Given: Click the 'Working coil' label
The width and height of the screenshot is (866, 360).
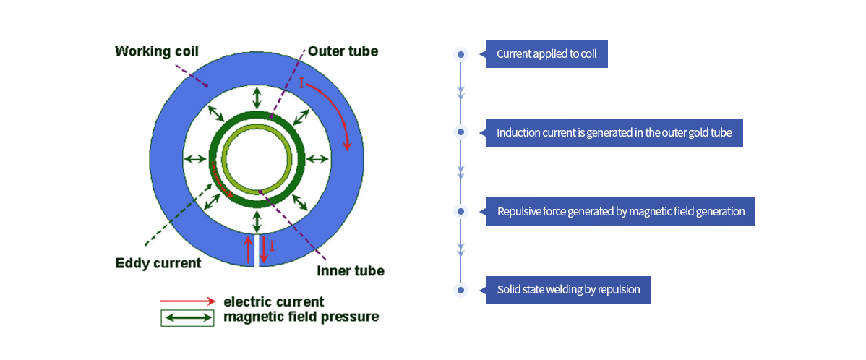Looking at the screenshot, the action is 156,52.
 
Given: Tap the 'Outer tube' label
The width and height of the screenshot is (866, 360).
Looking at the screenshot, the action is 343,51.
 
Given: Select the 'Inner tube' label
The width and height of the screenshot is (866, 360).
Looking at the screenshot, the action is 350,271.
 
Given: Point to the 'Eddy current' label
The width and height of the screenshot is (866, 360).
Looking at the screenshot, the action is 158,263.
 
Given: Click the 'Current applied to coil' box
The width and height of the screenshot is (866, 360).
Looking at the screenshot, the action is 546,54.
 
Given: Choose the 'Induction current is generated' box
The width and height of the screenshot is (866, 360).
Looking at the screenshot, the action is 614,132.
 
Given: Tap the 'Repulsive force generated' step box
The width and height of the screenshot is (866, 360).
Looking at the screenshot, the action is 620,212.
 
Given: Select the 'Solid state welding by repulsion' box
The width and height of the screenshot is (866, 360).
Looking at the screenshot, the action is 567,290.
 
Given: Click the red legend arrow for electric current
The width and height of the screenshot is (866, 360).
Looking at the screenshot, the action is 188,301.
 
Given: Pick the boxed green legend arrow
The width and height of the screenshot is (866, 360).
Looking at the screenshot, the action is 187,318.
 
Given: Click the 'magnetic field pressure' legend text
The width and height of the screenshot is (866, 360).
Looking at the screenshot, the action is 301,317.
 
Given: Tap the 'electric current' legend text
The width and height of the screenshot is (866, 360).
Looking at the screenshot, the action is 273,302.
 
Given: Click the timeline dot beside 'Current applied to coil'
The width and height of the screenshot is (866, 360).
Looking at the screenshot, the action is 460,54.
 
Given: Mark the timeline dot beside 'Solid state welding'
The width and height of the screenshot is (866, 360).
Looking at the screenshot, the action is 460,290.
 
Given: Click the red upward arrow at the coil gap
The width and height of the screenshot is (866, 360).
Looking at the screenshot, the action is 249,250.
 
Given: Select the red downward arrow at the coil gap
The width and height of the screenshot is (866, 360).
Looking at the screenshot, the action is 264,250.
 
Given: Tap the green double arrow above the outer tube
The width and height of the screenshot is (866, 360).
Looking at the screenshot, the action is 257,98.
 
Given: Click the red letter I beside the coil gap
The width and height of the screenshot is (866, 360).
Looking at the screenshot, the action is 272,245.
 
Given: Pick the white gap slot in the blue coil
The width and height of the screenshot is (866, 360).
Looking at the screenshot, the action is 257,250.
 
